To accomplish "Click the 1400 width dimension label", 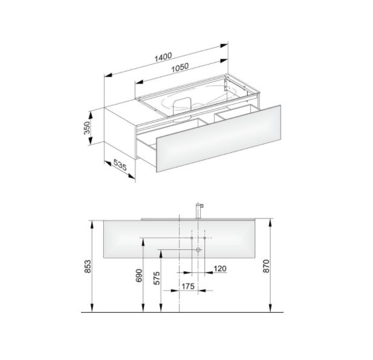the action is pos(163,57).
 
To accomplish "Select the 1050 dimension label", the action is pos(180,68).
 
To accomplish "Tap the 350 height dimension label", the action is pos(87,128).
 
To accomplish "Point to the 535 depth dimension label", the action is pos(120,165).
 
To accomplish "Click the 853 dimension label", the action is pos(88,266).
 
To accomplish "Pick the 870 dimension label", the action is pos(266,266).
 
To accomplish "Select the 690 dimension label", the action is pos(139,275).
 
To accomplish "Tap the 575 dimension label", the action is pos(157,278).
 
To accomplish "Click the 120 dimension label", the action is pos(220,269).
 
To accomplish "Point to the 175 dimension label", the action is pos(188,286).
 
